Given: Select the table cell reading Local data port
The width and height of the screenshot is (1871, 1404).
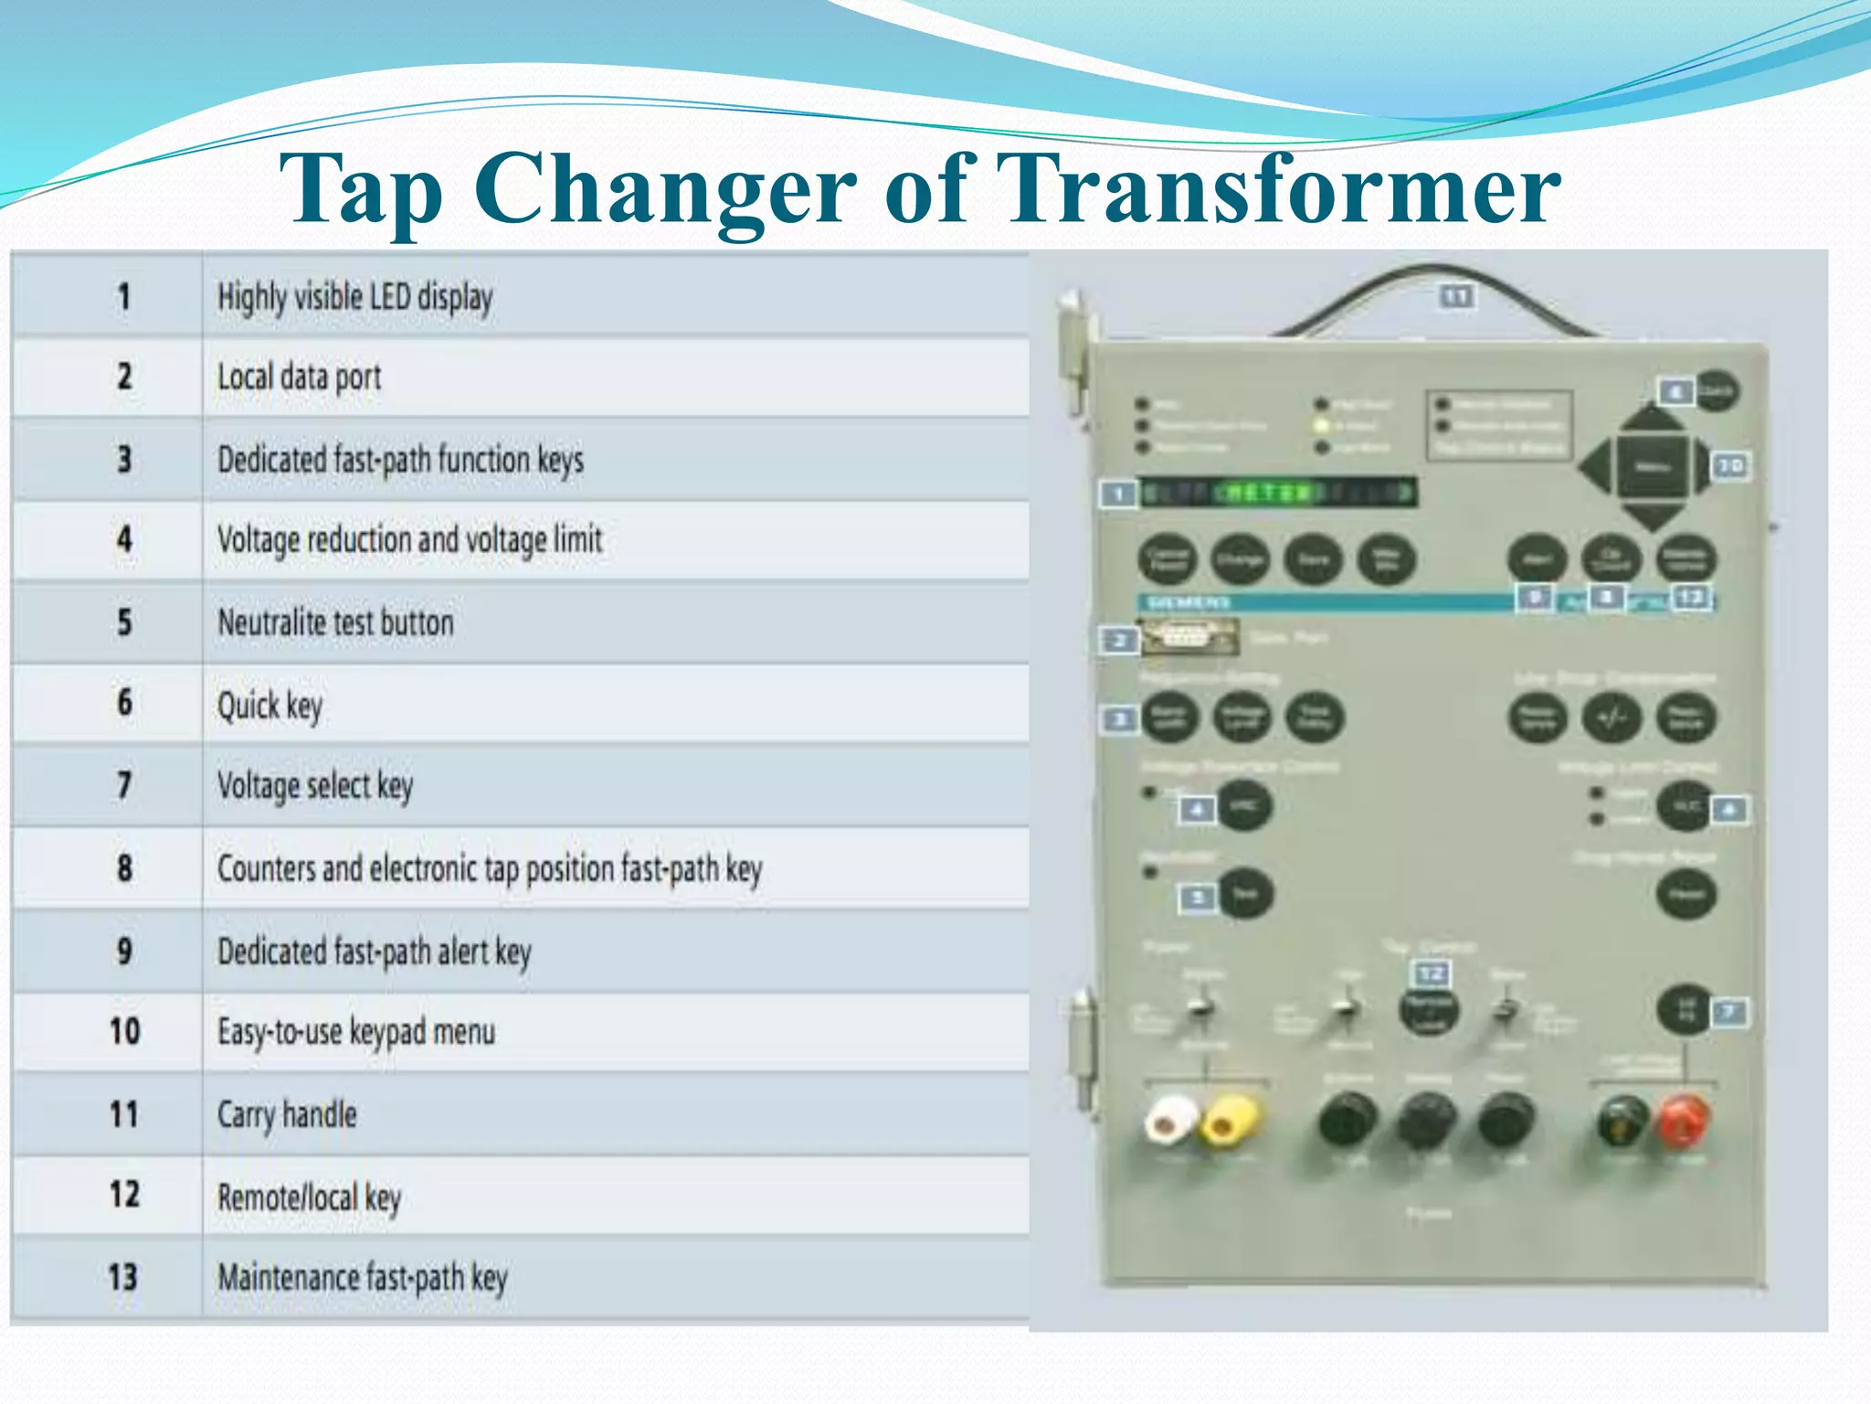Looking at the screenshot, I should (x=299, y=378).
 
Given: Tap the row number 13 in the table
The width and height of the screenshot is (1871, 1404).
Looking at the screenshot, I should (x=123, y=1277).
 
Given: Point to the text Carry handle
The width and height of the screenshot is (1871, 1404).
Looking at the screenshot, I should (x=287, y=1115).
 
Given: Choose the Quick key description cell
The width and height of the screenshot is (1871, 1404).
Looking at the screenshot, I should (x=270, y=705).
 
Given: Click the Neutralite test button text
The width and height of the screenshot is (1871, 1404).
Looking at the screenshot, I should (x=335, y=622).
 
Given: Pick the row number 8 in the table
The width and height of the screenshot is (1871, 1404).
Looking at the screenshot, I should (x=124, y=867).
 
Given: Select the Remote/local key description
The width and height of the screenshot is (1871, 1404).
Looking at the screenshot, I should (x=309, y=1197).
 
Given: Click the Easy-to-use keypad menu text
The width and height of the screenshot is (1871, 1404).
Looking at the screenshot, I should (x=356, y=1032).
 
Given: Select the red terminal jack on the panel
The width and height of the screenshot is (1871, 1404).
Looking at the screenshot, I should (x=1684, y=1121).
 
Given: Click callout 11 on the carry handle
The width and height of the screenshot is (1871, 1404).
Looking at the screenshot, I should (x=1457, y=296).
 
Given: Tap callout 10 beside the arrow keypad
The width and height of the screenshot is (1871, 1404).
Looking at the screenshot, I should (x=1730, y=466).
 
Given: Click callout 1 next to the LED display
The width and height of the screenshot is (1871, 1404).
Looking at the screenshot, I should (x=1117, y=495).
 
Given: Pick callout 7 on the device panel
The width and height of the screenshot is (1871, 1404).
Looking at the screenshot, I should (x=1728, y=1011).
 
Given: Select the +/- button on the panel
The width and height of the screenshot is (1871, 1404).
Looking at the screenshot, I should (x=1612, y=718).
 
